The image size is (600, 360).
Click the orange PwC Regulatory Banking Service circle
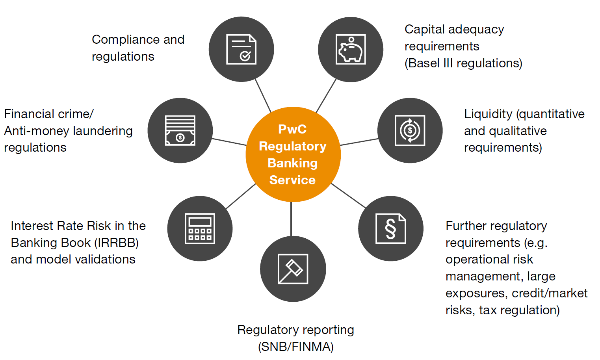[x=293, y=155]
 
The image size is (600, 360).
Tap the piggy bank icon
[x=350, y=50]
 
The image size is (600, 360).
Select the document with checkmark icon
[x=241, y=50]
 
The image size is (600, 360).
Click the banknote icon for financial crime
[x=180, y=130]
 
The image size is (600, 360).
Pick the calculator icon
[x=200, y=228]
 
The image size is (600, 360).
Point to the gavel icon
[x=293, y=269]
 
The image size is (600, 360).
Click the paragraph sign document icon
[x=390, y=228]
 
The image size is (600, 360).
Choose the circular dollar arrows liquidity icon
[x=410, y=130]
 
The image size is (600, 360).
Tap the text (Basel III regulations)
[x=463, y=63]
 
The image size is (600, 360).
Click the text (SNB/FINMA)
[x=295, y=347]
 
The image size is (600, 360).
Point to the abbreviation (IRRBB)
[x=116, y=243]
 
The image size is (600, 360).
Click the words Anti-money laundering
[x=68, y=131]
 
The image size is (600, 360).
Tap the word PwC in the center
[x=292, y=129]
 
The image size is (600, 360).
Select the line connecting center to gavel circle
[x=291, y=219]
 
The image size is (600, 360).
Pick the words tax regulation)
[x=519, y=310]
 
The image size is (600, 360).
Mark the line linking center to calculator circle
[x=241, y=196]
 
